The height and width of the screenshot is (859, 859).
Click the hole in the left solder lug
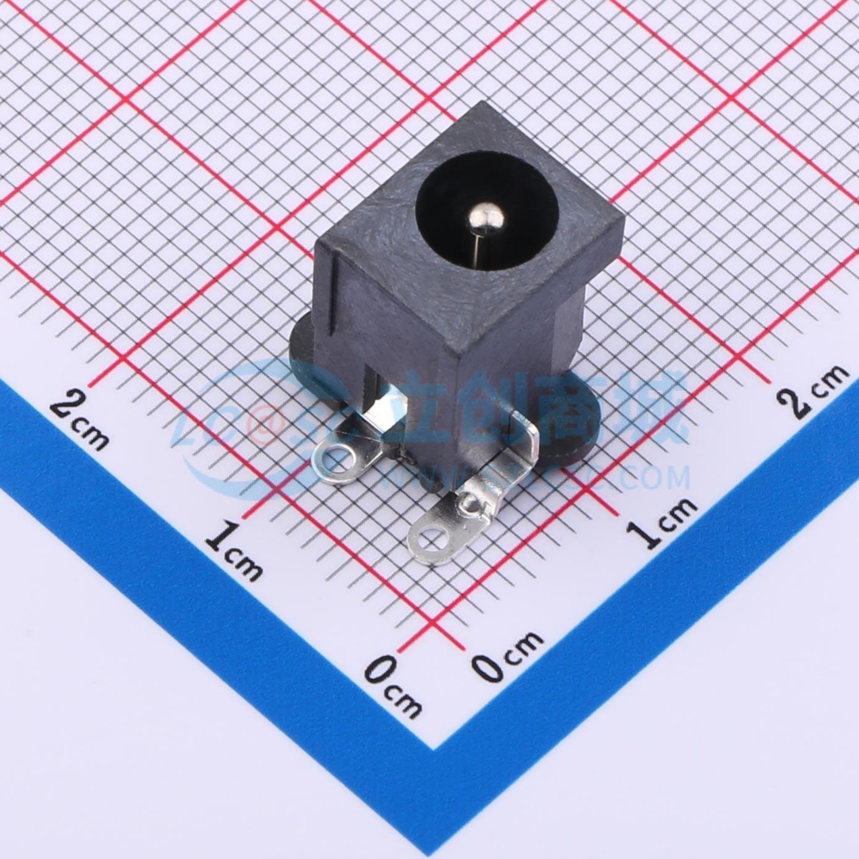[336, 457]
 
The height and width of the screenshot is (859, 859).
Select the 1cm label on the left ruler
[233, 550]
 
